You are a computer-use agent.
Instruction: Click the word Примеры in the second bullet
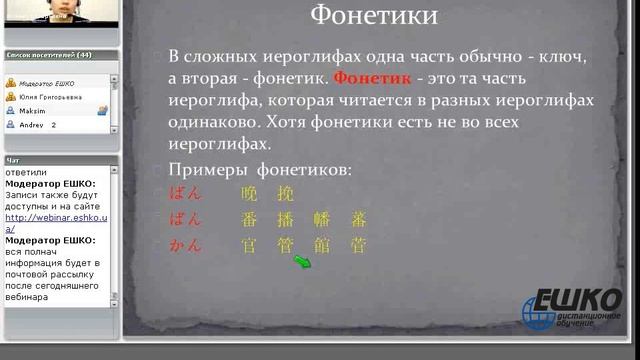204,170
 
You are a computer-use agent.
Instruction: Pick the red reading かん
186,245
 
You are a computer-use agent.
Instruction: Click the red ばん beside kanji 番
186,219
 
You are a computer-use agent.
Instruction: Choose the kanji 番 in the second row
250,220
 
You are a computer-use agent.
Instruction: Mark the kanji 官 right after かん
250,245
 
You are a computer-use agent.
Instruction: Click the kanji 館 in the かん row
322,245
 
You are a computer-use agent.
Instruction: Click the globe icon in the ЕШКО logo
540,312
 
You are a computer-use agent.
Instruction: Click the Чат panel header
13,160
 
